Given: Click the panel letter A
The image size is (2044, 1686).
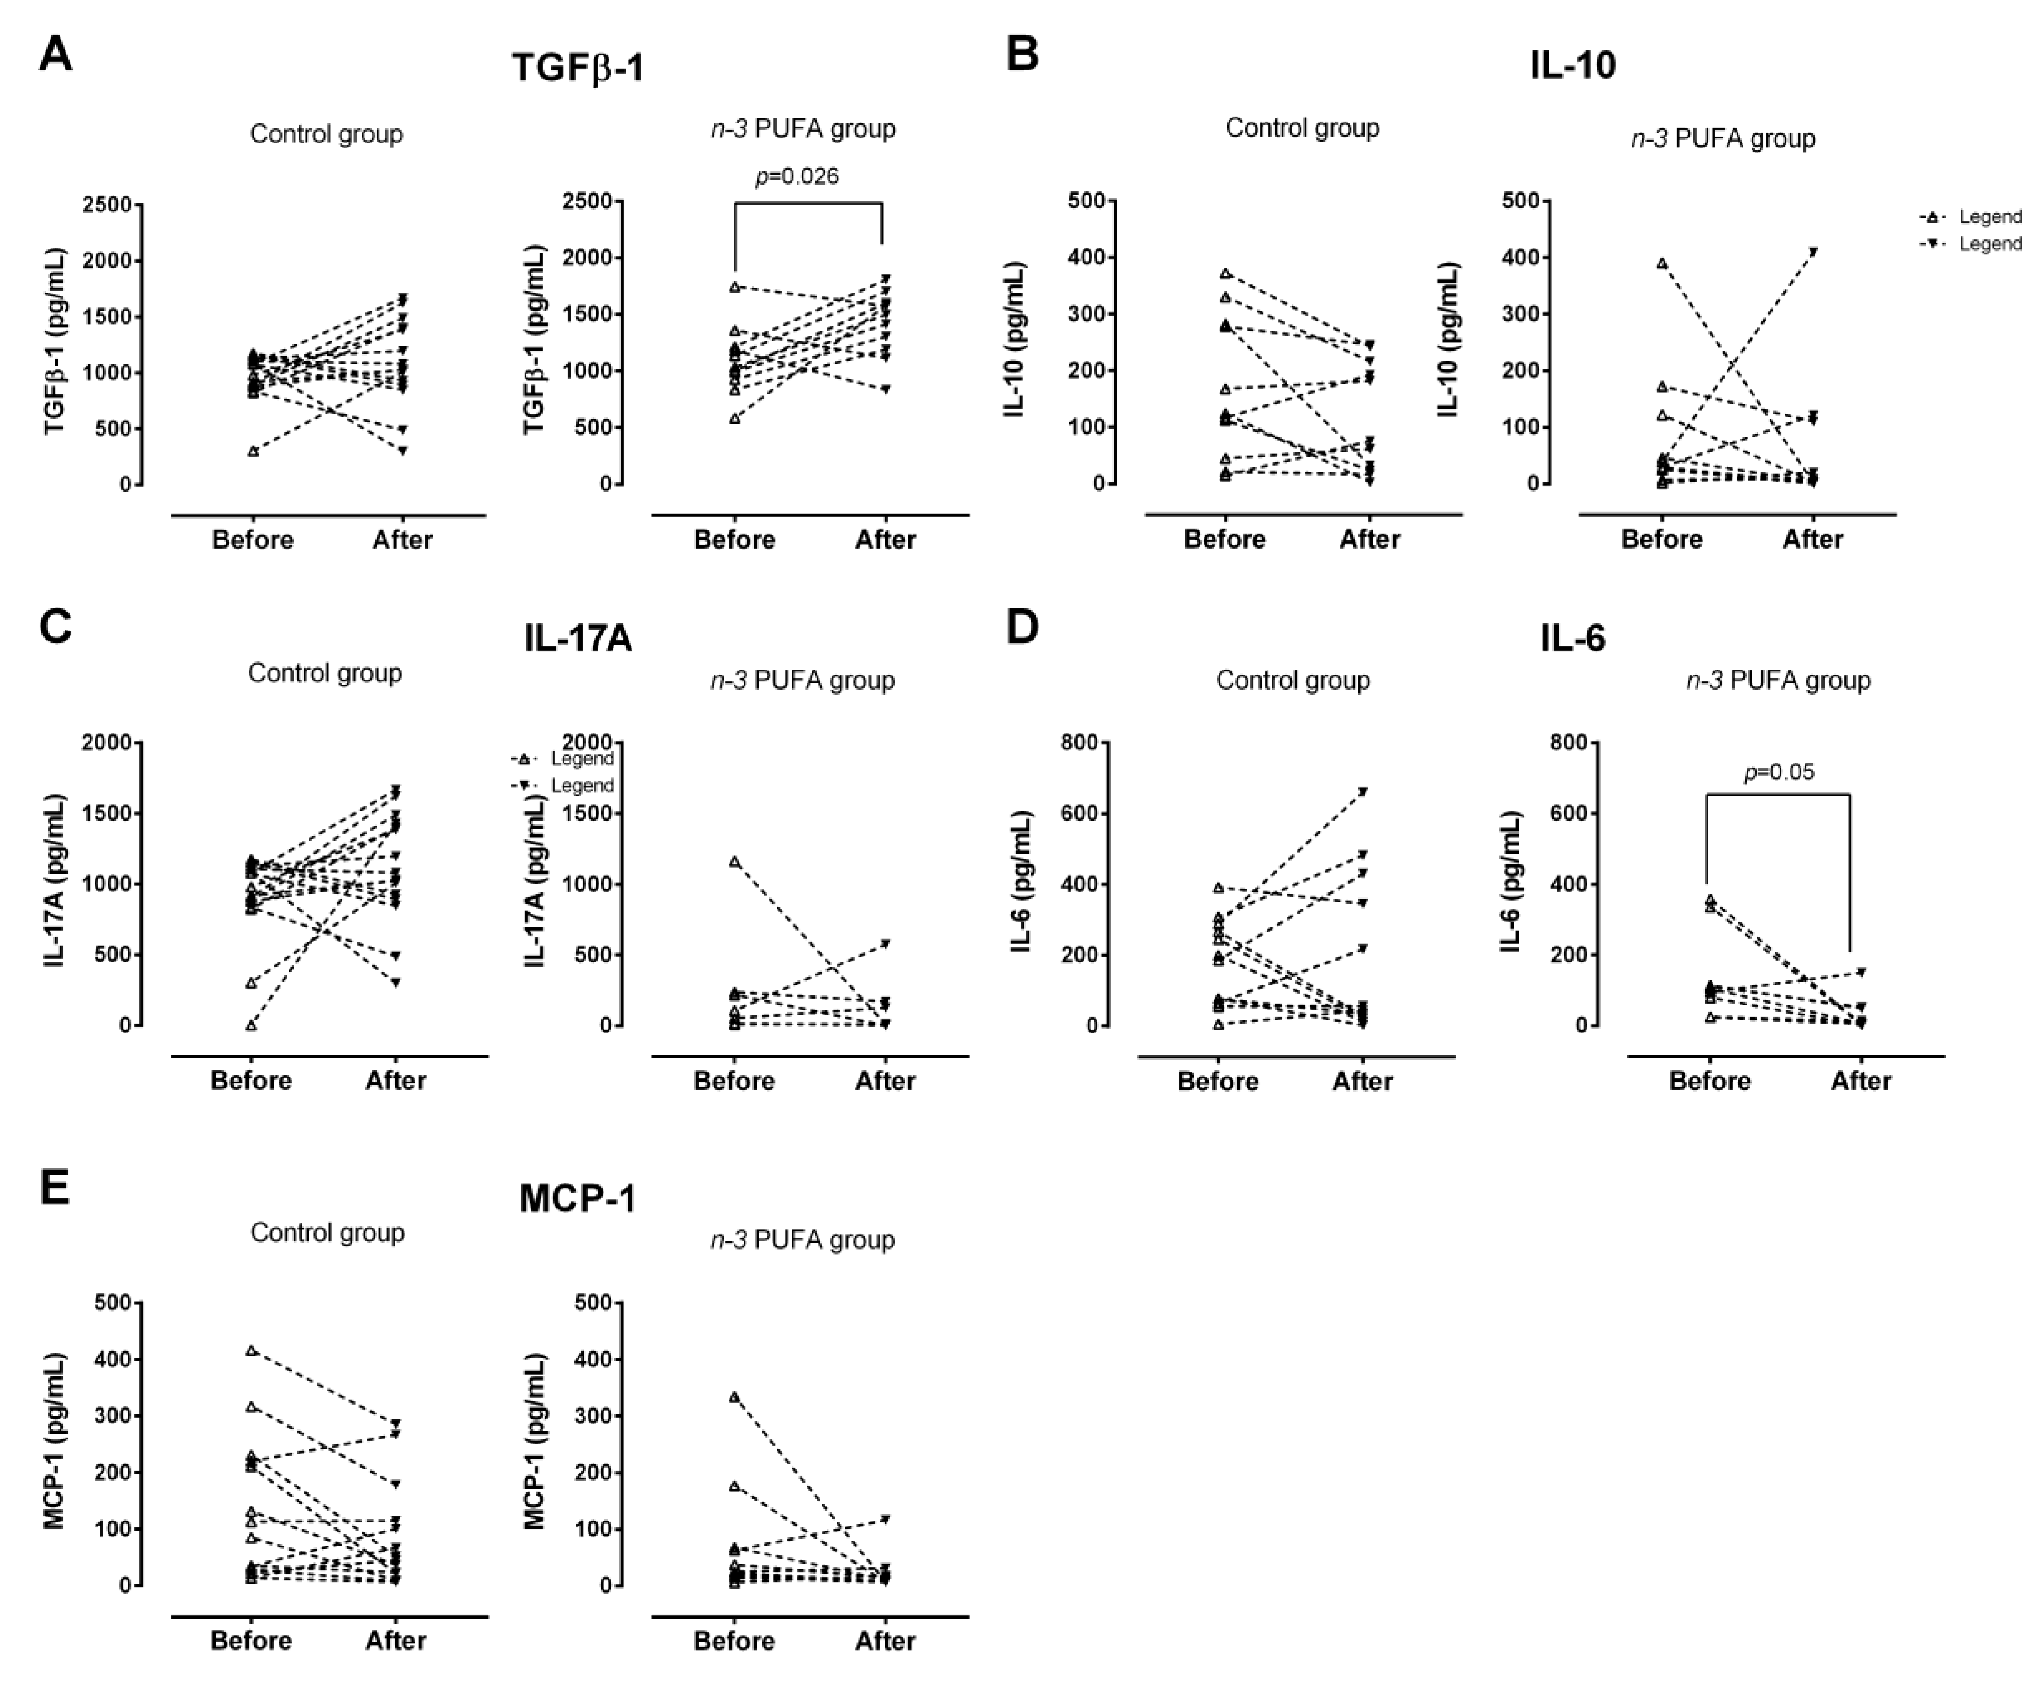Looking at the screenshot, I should [x=55, y=54].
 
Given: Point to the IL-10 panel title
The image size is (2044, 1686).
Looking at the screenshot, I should [x=1572, y=65].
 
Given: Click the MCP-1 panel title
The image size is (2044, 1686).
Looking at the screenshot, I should [x=578, y=1198].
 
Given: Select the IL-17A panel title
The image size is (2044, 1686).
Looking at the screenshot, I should [x=578, y=638].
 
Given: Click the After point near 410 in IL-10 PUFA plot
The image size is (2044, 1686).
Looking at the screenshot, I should [x=1813, y=252].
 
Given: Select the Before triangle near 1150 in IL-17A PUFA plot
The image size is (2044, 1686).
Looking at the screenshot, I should [x=735, y=862].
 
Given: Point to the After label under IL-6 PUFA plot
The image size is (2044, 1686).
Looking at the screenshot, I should [x=1860, y=1081].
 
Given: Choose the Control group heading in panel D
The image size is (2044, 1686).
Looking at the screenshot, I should [x=1293, y=680].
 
